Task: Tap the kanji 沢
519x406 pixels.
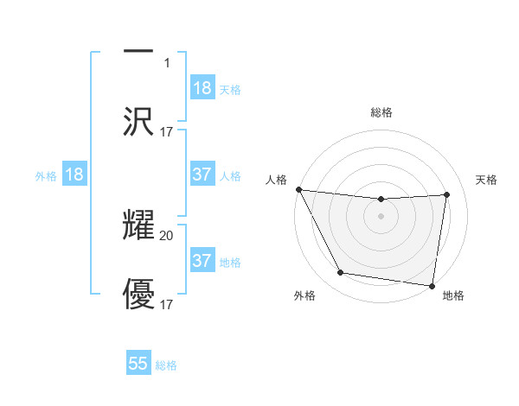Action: (138, 122)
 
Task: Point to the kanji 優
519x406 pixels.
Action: (138, 295)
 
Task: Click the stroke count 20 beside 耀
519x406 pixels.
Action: (167, 235)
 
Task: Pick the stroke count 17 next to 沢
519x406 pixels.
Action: (167, 132)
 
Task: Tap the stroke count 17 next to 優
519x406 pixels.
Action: (167, 305)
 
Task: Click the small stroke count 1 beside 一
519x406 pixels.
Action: (167, 62)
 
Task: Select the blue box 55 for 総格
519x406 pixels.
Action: (138, 364)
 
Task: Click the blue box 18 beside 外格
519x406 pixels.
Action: (74, 174)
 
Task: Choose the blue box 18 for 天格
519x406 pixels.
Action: (202, 88)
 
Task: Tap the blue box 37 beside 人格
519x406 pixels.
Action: (202, 174)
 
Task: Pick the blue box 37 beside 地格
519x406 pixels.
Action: (202, 260)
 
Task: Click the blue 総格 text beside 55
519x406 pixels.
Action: (166, 365)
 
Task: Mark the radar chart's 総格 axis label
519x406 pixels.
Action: (381, 113)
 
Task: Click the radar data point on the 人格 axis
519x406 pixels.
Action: (298, 189)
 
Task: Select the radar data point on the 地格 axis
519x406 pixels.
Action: (432, 285)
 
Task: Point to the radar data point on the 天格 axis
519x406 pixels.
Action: (447, 194)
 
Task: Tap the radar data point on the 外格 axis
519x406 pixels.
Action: (340, 274)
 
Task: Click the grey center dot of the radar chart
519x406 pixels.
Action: (381, 216)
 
